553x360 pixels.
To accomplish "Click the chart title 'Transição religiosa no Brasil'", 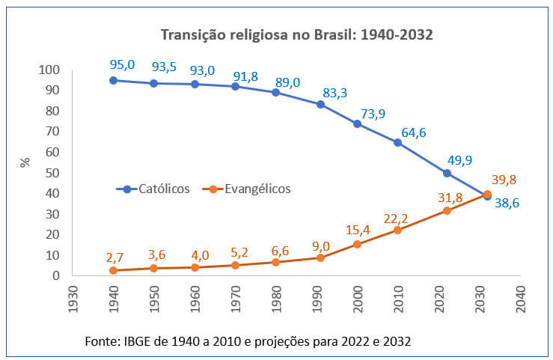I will point(297,34).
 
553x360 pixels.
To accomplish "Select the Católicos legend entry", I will point(153,189).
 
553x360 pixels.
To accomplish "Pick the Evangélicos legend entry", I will point(247,189).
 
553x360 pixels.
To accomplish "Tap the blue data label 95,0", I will point(122,64).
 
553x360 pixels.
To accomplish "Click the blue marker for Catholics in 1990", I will point(320,104).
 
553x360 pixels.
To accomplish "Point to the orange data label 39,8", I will point(504,180).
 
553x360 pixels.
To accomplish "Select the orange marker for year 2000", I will point(357,244).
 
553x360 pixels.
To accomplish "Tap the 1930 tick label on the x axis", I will point(73,298).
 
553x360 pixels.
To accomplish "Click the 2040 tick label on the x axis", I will point(520,298).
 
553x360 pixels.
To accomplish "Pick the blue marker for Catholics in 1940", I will point(113,80).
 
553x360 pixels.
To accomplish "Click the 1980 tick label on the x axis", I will point(276,298).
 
